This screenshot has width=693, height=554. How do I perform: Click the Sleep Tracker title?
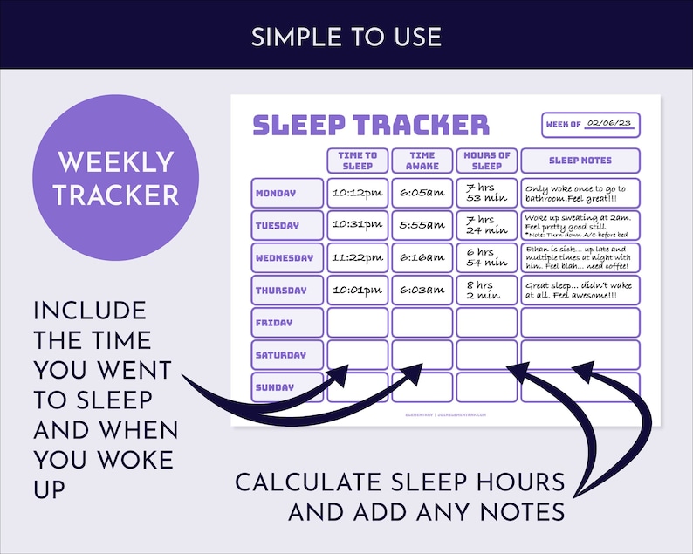[x=370, y=125]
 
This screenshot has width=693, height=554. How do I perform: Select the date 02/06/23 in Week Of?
[x=607, y=124]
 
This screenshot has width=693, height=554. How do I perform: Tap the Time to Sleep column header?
[x=358, y=161]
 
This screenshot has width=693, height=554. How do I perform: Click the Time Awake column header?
[x=422, y=161]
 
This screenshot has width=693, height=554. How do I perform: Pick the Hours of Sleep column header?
[x=486, y=161]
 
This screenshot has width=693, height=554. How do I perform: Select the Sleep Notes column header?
[x=580, y=161]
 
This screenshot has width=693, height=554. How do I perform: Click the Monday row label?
[x=287, y=193]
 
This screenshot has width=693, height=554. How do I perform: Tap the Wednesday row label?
[x=287, y=258]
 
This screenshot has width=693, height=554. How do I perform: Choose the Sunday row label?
[x=287, y=387]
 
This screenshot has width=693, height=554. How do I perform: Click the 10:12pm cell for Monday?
[x=358, y=193]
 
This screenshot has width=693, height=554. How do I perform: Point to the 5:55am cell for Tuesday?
[x=422, y=225]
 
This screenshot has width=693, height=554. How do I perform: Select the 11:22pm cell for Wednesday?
[x=358, y=258]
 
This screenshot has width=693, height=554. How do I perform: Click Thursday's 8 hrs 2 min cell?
[x=486, y=291]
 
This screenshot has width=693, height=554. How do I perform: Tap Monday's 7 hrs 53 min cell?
[x=486, y=193]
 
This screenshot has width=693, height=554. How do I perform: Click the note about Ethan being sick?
[x=580, y=258]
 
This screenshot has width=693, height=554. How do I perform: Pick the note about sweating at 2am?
[x=580, y=225]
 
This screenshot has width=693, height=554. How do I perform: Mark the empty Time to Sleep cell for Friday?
[x=358, y=323]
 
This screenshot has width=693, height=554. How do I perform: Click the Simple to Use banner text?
[x=346, y=37]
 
